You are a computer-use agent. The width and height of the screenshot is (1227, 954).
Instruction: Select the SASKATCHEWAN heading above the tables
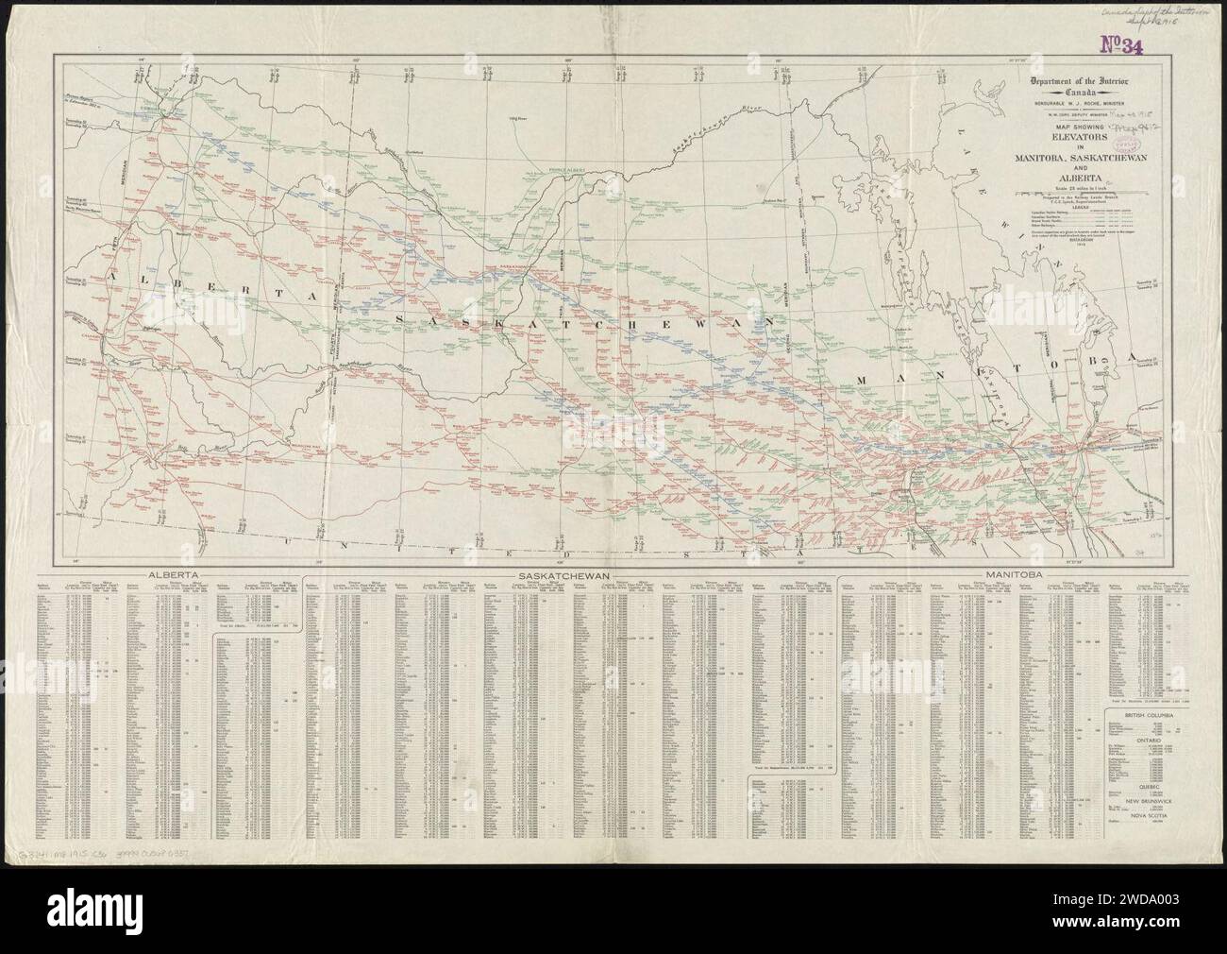pos(560,574)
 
